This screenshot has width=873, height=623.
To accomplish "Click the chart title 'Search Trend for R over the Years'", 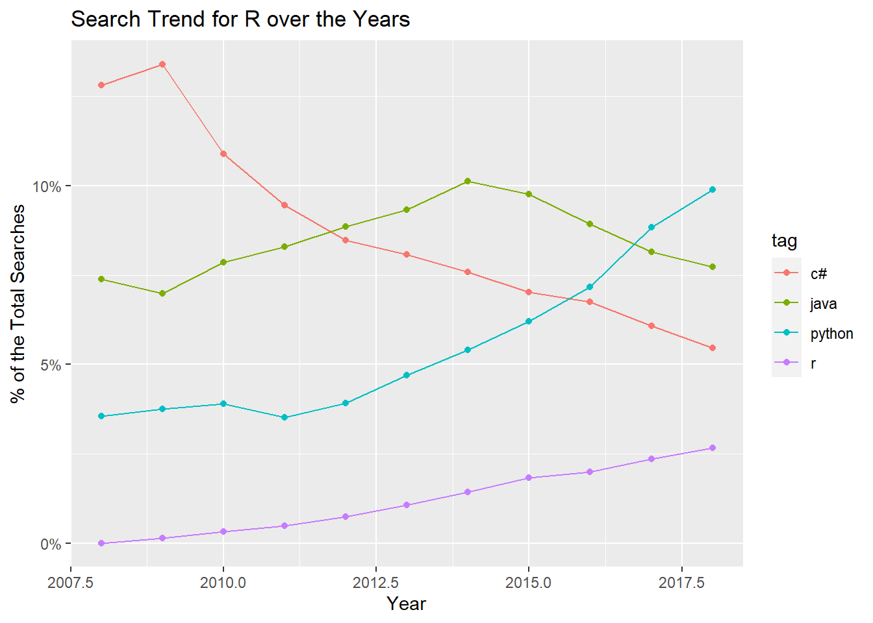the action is [240, 19].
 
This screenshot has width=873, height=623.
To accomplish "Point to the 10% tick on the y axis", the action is [47, 187].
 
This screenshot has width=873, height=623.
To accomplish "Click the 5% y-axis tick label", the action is [51, 365].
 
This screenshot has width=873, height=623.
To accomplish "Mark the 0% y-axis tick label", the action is [51, 544].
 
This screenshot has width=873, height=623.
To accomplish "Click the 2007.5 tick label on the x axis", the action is [71, 583].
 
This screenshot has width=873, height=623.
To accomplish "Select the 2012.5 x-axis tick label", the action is [375, 583].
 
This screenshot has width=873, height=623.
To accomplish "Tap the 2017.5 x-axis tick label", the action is [681, 583].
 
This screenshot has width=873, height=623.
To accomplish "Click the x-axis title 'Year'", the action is [407, 604].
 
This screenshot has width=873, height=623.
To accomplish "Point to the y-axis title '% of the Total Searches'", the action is [18, 304].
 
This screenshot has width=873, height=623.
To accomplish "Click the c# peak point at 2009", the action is [162, 64].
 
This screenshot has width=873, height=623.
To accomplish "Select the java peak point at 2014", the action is [468, 181].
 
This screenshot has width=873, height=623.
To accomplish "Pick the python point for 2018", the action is [713, 189].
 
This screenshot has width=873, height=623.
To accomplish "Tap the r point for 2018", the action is [713, 448].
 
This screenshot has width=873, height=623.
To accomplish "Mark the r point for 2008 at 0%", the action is [101, 543].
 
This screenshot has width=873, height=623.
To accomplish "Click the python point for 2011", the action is [285, 417].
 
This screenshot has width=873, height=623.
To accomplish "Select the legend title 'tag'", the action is [784, 241].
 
